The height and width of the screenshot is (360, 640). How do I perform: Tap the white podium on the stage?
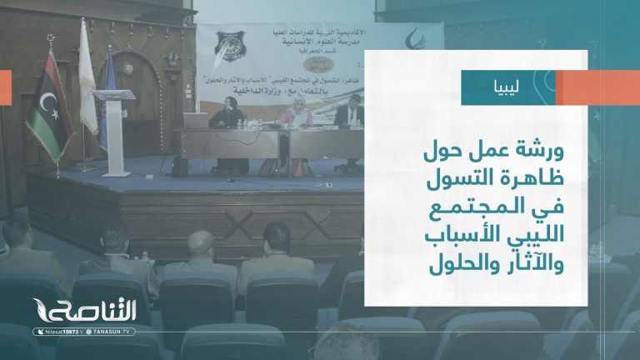[x=114, y=125]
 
